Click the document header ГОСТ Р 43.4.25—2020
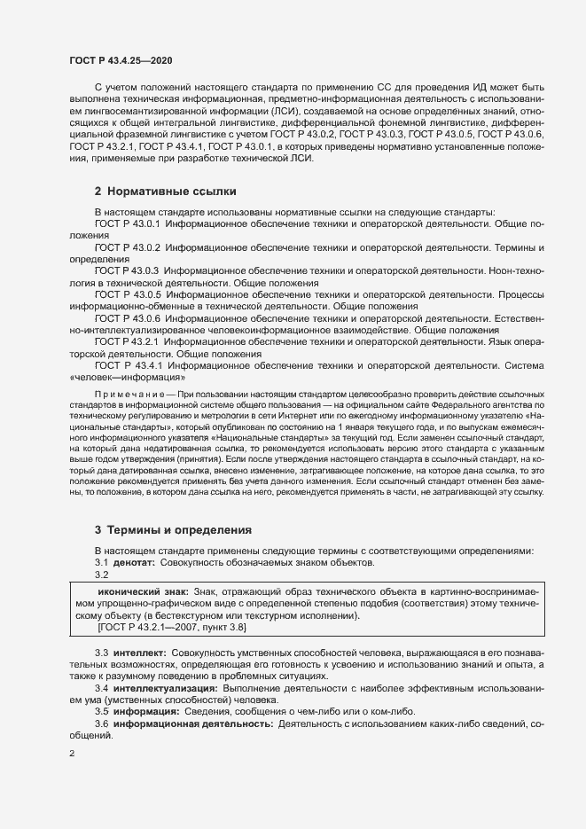(121, 59)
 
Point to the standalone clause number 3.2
(102, 575)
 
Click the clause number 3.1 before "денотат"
(102, 562)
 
